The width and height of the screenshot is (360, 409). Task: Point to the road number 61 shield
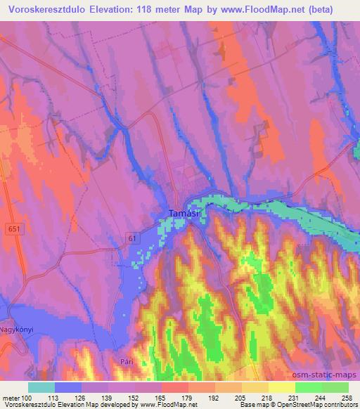tap(133, 239)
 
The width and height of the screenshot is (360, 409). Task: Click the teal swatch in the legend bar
tap(41, 387)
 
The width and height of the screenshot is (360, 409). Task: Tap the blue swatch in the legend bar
tap(67, 387)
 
